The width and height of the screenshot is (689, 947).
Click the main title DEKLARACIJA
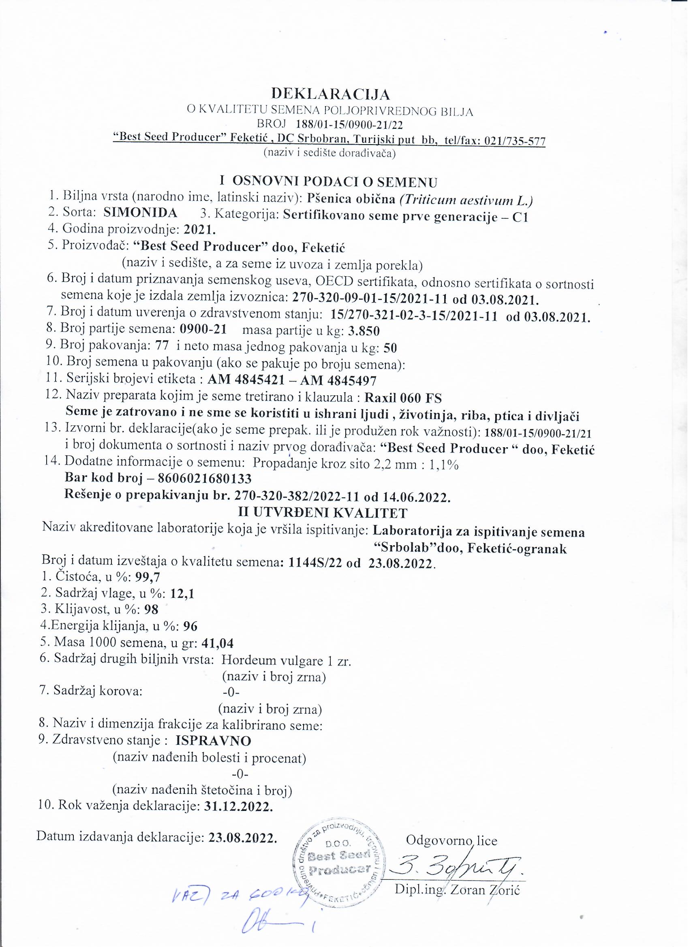(x=331, y=94)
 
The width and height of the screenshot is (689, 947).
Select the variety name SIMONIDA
(x=140, y=213)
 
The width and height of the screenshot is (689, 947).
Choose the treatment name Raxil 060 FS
(x=403, y=397)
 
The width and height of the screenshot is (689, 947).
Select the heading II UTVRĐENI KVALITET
(x=322, y=513)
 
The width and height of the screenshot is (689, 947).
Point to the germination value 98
(x=151, y=610)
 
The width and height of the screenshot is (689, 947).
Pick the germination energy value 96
(x=190, y=626)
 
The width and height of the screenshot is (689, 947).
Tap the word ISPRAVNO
(x=214, y=741)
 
